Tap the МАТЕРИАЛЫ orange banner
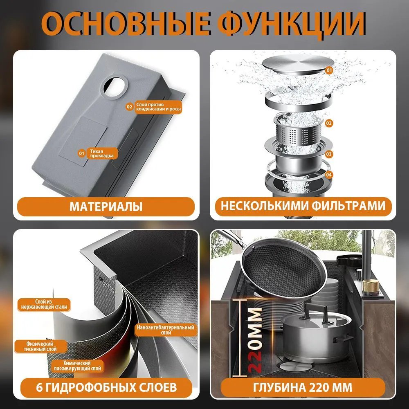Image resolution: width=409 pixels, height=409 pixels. click(x=106, y=207)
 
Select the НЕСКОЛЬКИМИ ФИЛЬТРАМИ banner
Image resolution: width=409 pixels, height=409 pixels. click(x=303, y=206)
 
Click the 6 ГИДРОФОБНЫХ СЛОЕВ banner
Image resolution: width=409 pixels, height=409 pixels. click(x=106, y=387)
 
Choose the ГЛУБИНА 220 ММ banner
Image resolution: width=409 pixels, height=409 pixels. click(x=303, y=387)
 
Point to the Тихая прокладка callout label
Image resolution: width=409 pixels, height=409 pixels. click(x=98, y=153)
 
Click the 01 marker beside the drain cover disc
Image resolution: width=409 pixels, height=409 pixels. click(x=329, y=70)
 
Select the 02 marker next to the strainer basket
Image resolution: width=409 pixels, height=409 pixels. click(x=329, y=123)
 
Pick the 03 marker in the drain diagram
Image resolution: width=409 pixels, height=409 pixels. click(x=329, y=154)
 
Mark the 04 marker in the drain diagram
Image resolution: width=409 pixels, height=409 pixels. click(x=329, y=175)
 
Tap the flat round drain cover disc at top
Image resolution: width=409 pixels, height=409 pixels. click(x=298, y=65)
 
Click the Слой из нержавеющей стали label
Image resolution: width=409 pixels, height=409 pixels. click(x=44, y=305)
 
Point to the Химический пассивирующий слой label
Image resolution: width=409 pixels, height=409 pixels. click(x=77, y=366)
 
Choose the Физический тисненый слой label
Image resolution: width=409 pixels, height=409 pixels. click(x=40, y=346)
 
